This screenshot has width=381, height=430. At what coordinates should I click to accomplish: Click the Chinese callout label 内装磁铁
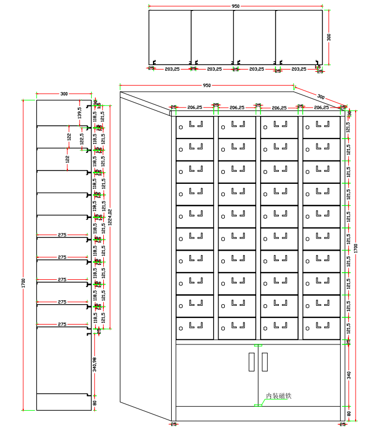tap(278, 396)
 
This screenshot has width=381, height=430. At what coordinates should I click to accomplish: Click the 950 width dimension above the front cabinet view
tap(207, 86)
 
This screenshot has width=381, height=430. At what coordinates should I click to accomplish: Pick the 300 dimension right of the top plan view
tap(329, 37)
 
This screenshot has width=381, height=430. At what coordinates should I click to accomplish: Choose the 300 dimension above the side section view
tap(64, 94)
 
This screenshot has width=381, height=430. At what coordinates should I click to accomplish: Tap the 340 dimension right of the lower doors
tap(348, 375)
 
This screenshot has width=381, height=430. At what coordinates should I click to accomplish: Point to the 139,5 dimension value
tap(80, 113)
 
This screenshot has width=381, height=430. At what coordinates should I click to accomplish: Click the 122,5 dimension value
tap(82, 139)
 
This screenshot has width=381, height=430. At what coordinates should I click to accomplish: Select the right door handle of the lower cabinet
tap(264, 362)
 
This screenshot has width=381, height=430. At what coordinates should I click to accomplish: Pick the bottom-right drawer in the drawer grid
tap(321, 328)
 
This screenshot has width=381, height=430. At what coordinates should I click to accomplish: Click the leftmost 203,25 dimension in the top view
tap(172, 69)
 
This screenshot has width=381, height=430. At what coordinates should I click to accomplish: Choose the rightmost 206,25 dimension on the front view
tap(321, 108)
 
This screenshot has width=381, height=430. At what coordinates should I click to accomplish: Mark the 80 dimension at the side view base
tap(95, 402)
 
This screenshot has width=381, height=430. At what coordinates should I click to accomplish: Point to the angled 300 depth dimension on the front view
tap(321, 97)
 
